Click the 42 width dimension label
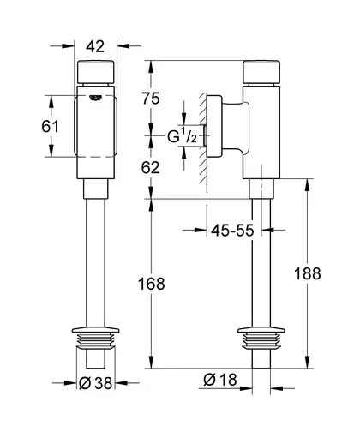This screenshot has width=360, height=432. (x=95, y=46)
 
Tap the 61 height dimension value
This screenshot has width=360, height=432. (x=50, y=126)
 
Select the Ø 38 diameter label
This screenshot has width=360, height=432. (x=95, y=383)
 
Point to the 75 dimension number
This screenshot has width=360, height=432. (x=151, y=99)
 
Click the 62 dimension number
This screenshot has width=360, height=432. (x=151, y=168)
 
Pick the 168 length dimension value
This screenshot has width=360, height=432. (x=152, y=284)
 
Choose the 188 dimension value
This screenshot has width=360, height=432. (x=308, y=273)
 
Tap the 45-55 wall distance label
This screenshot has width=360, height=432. (x=232, y=230)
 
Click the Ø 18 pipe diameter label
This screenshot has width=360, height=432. (x=220, y=380)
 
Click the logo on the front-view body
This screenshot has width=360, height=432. (x=96, y=98)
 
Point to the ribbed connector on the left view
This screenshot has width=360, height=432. (x=95, y=338)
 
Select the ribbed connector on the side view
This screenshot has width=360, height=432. (x=261, y=338)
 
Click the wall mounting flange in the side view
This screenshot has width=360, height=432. (x=214, y=126)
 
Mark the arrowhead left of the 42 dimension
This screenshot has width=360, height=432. (x=69, y=45)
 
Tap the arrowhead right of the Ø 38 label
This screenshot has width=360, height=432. (x=121, y=383)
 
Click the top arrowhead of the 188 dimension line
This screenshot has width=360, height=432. (x=308, y=185)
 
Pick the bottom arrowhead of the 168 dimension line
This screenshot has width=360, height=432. (x=152, y=362)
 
